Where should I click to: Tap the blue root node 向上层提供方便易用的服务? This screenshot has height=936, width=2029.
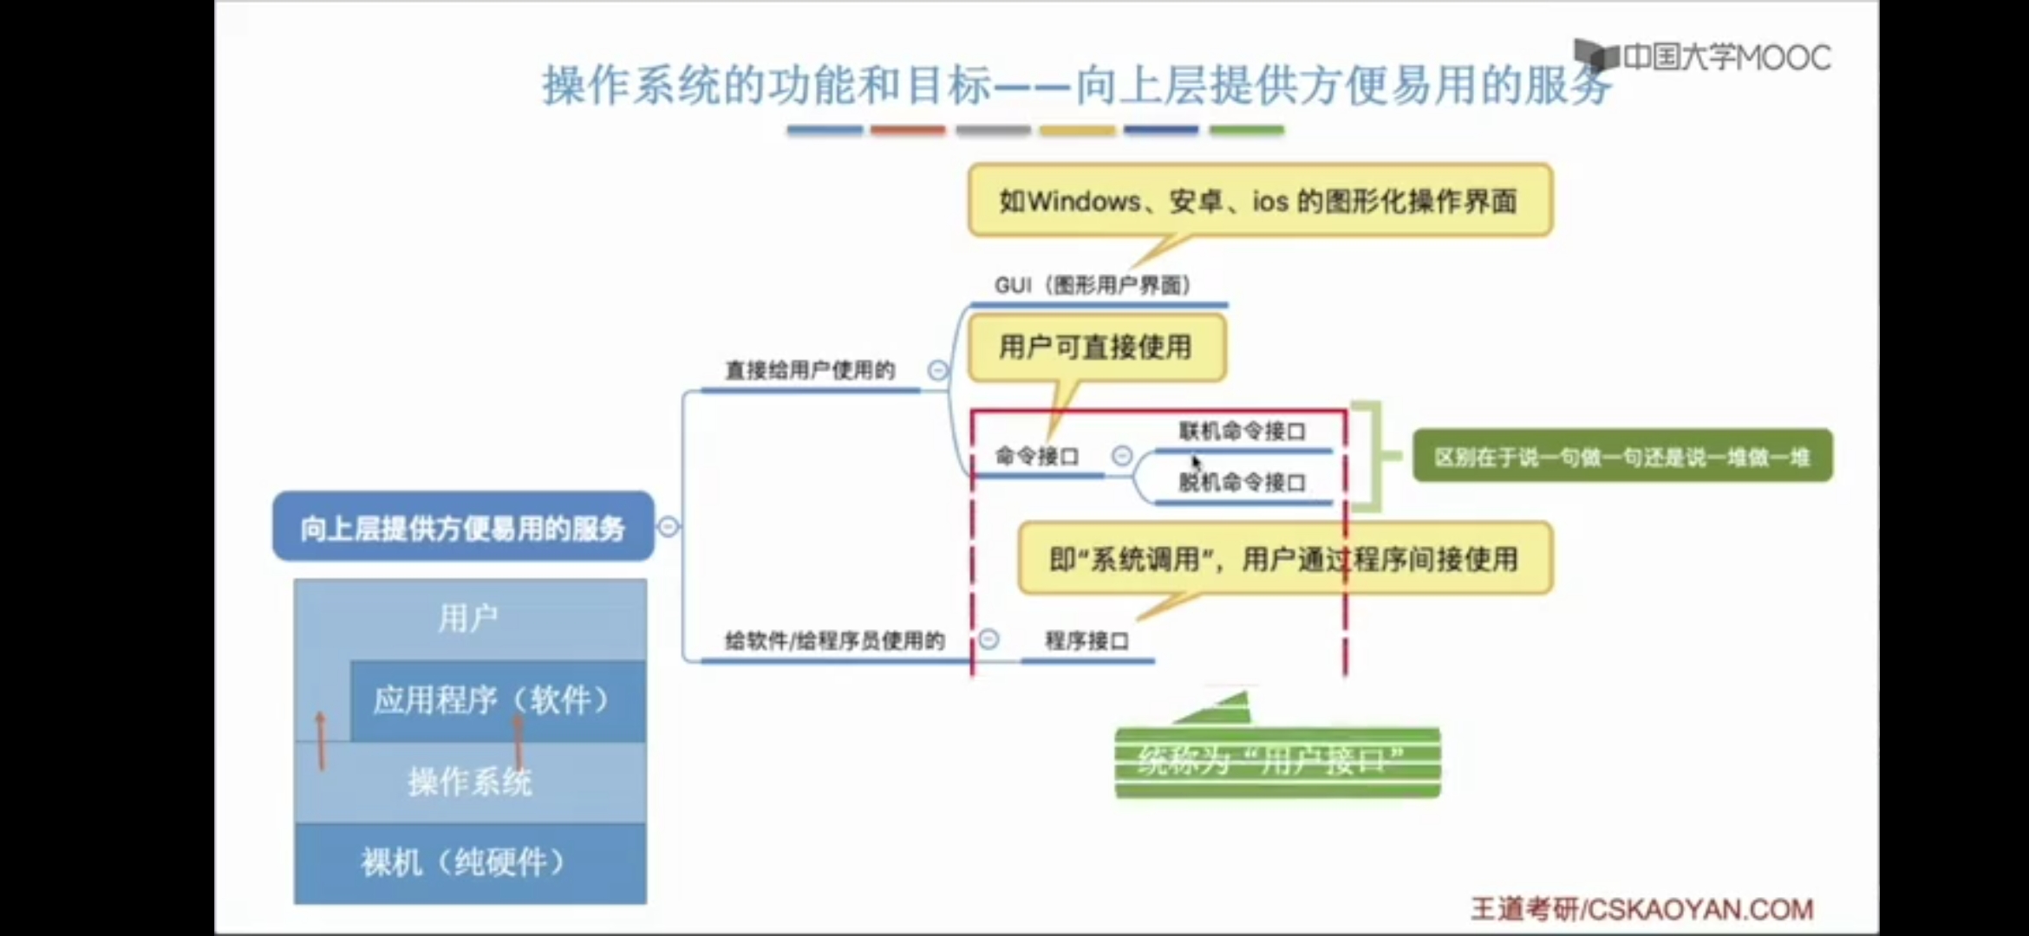coord(463,528)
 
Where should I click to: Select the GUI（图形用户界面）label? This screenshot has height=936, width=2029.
coord(1093,285)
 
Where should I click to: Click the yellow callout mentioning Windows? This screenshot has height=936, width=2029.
coord(1259,201)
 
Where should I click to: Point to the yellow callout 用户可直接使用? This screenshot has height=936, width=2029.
coord(1096,348)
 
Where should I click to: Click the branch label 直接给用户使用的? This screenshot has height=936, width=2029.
coord(809,371)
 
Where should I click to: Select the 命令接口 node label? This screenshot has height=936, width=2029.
coord(1037,456)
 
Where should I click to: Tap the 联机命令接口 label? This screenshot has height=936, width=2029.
coord(1242,431)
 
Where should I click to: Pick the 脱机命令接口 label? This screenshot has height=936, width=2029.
coord(1242,482)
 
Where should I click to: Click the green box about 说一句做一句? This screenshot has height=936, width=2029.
coord(1621,456)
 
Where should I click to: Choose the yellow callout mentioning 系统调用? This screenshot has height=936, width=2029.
coord(1283,559)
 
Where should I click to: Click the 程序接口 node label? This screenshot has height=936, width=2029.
coord(1086,640)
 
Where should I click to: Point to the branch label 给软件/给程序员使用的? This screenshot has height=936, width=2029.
coord(834,640)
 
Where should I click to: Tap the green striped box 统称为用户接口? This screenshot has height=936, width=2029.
coord(1276,761)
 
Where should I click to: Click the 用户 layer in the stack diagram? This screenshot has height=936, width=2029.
coord(468,618)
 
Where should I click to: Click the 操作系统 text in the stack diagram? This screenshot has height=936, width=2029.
coord(469,782)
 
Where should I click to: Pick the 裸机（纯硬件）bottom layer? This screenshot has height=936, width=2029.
coord(469,862)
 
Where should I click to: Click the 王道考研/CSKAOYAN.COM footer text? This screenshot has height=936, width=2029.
coord(1641,908)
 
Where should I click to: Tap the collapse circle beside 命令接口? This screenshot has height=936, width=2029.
coord(1122,455)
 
